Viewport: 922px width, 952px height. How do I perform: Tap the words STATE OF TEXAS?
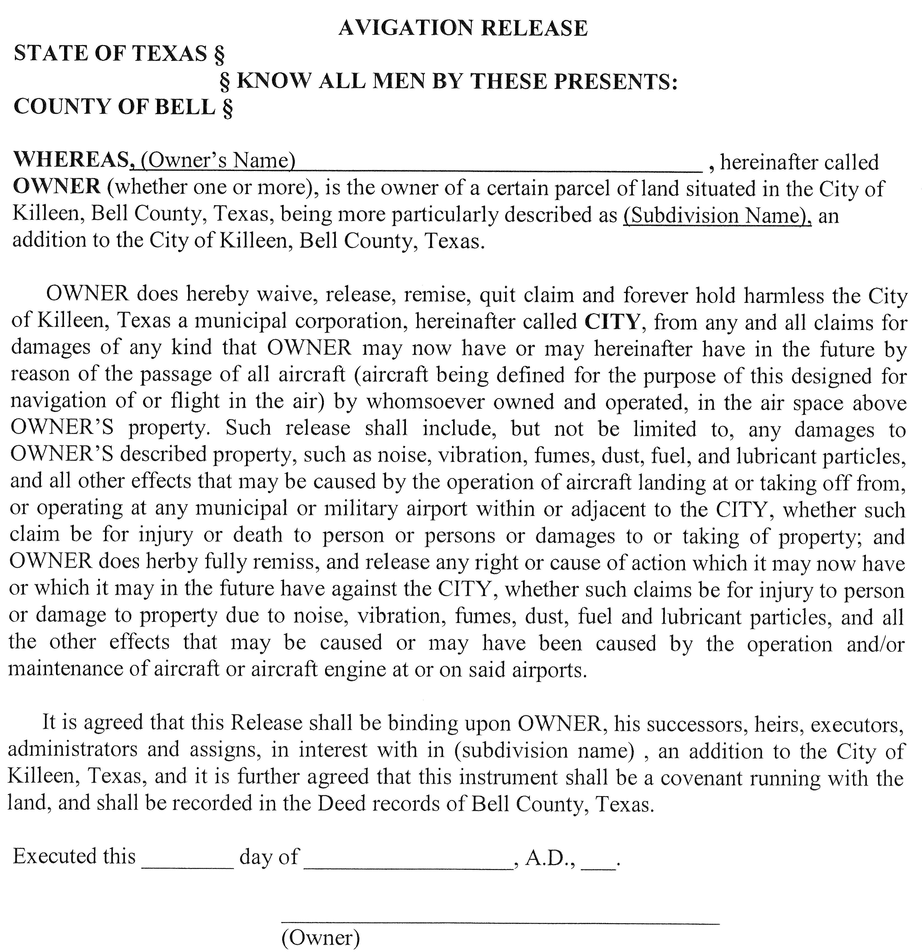[111, 53]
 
